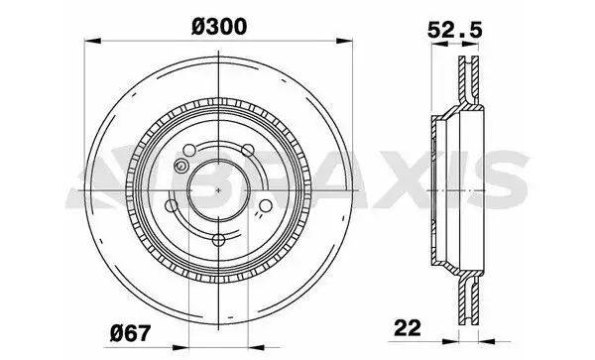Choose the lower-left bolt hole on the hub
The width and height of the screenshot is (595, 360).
[x=175, y=206]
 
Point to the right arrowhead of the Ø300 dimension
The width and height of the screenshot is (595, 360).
[x=350, y=41]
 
